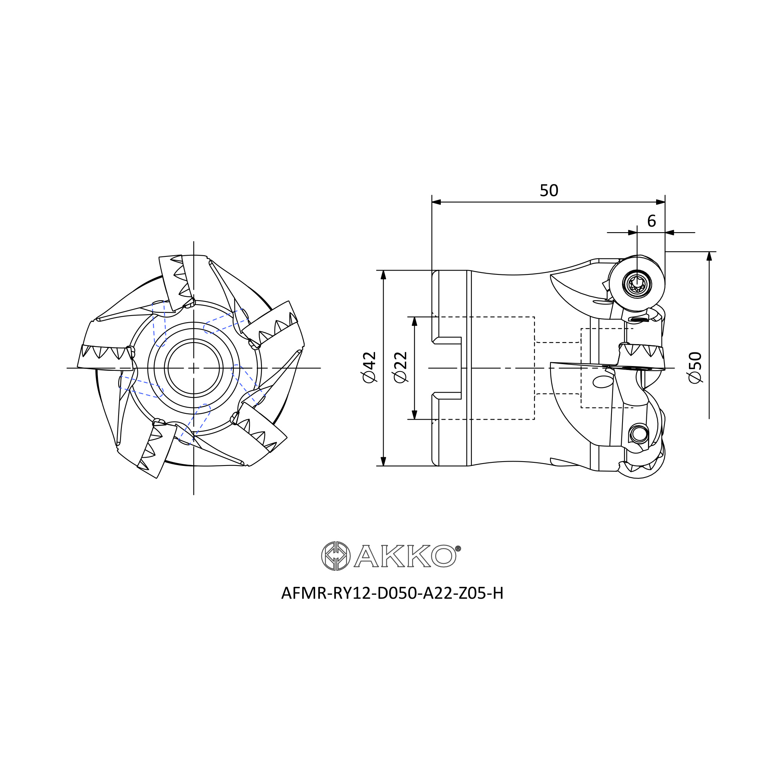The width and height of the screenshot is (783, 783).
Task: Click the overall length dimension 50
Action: (549, 191)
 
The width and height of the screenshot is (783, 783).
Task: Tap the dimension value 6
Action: (651, 221)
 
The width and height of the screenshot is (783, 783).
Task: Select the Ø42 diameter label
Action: (369, 367)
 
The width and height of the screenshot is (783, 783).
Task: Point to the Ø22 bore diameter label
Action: (401, 367)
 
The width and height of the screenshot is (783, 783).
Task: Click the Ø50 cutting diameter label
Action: (695, 367)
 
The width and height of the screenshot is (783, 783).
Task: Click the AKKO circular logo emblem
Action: (336, 556)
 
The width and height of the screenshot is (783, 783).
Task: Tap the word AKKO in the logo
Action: (405, 556)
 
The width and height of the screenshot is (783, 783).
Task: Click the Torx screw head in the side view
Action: (637, 284)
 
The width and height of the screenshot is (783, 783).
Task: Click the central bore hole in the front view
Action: (194, 368)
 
